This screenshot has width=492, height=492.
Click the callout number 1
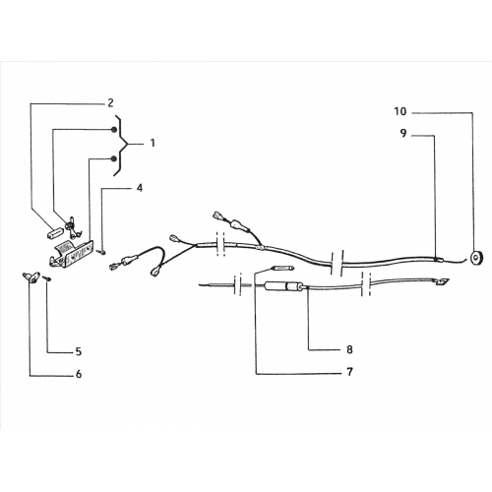pos(153,144)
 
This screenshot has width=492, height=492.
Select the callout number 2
pos(110,103)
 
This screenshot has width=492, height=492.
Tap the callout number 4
pos(140,188)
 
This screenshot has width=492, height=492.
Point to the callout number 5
pos(79,352)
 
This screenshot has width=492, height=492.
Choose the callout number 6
pos(79,374)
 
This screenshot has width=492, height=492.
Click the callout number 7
pos(350,372)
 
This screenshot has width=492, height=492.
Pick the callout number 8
pos(349,349)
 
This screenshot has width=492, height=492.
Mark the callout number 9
pos(403,134)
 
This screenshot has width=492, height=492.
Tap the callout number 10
pos(400,111)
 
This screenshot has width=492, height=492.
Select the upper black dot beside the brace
pos(113,130)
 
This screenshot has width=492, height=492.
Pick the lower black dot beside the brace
pos(113,159)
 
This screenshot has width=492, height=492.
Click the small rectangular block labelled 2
pos(56,233)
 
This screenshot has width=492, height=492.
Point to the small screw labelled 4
pos(101,252)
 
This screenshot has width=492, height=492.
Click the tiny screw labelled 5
pos(48,278)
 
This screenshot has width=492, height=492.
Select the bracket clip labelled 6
pos(31,277)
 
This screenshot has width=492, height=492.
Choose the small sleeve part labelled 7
pos(283,269)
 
